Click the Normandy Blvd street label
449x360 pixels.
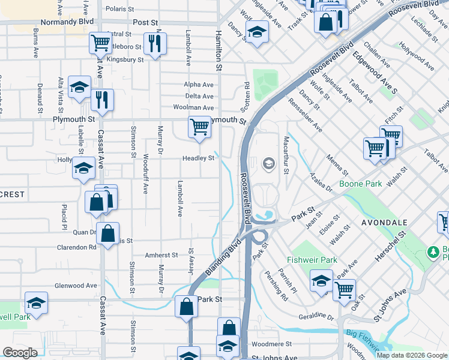click(67, 22)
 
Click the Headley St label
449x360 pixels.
click(199, 158)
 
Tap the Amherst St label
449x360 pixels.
click(161, 255)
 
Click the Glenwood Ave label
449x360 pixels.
click(75, 286)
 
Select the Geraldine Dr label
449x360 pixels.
click(316, 316)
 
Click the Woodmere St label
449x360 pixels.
click(271, 344)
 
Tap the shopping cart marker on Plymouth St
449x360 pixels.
click(199, 127)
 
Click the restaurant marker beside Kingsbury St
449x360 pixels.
click(155, 43)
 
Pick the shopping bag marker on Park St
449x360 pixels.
click(186, 307)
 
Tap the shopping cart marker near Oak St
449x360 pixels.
click(344, 290)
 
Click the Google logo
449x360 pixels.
click(20, 353)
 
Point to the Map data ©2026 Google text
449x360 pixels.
click(412, 355)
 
